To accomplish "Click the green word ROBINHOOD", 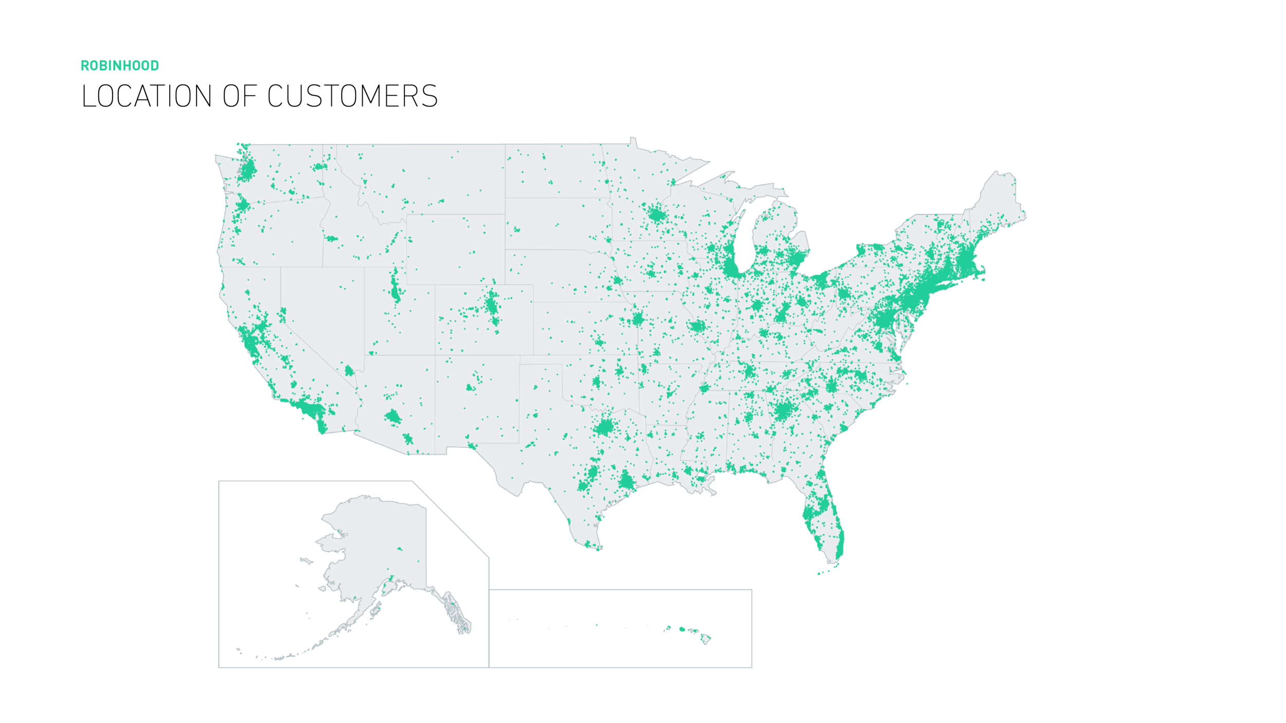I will click(x=120, y=66).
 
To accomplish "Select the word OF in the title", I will click(x=239, y=96).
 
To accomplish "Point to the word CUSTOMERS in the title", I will click(x=352, y=96).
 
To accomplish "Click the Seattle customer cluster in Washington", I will click(x=248, y=170).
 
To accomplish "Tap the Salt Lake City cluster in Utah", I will click(x=395, y=291).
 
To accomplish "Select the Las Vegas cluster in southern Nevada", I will click(x=349, y=371).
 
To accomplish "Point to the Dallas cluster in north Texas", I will click(x=605, y=427).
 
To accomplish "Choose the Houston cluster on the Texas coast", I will click(x=627, y=481).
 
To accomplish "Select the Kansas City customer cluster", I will click(x=638, y=319).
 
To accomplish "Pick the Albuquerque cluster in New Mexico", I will click(x=470, y=387).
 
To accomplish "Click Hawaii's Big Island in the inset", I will click(x=706, y=639).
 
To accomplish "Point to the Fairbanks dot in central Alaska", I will click(x=400, y=549).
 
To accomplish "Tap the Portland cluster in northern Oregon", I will click(x=242, y=206).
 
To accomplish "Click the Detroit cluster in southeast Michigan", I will click(x=797, y=257).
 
